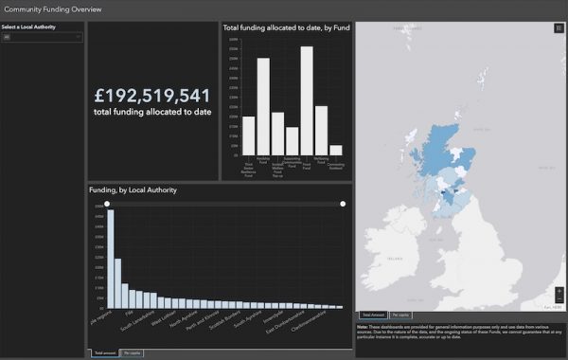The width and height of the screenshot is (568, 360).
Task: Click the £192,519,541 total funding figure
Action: tap(152, 96)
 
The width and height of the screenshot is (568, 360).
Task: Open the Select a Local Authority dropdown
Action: tap(43, 38)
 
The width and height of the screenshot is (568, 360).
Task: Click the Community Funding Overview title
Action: tap(54, 9)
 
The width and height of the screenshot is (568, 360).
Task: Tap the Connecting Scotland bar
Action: tap(335, 149)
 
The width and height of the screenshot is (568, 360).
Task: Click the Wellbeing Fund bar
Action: tap(321, 130)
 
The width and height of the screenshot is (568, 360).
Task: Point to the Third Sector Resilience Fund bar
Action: tap(249, 135)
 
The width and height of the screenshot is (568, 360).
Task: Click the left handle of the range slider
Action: tap(107, 204)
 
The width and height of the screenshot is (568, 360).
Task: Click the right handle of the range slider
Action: tap(343, 204)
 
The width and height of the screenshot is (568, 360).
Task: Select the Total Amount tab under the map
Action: tap(371, 314)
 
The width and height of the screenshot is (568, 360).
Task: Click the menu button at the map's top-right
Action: tap(559, 29)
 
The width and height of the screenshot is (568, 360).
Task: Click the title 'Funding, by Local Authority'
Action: tap(133, 190)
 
